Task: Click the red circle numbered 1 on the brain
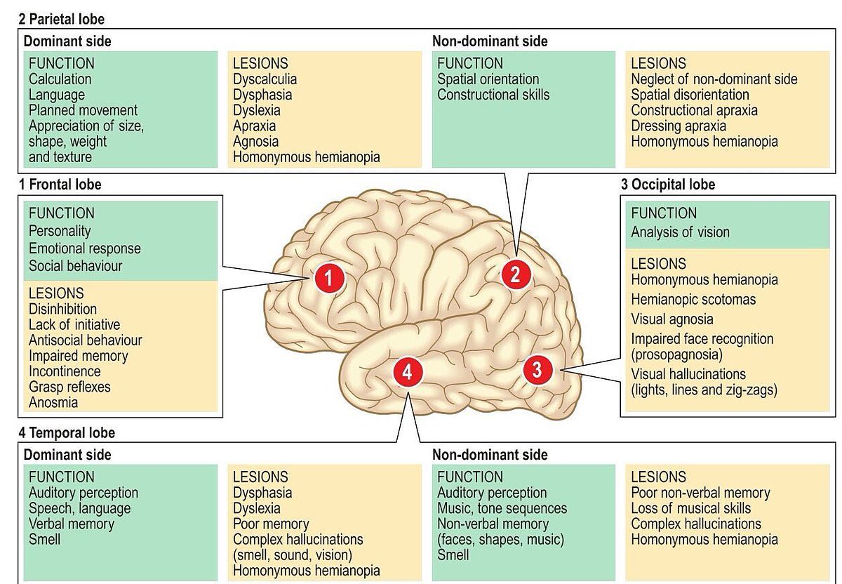(x=329, y=278)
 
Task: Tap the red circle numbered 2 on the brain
(x=516, y=274)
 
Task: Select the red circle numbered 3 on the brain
(x=537, y=370)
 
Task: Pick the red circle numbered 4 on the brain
(x=408, y=372)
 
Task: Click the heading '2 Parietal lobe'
(x=62, y=19)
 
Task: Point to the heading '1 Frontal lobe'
(x=60, y=185)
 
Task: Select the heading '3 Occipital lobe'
(x=668, y=185)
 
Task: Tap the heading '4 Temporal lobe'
(x=67, y=432)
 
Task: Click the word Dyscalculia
(x=265, y=79)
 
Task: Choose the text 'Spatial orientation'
(x=488, y=79)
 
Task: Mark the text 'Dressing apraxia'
(x=679, y=126)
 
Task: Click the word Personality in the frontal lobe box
(x=60, y=230)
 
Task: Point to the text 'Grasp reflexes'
(x=69, y=387)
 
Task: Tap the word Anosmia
(x=53, y=402)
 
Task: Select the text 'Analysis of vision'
(x=680, y=232)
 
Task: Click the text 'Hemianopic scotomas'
(x=693, y=299)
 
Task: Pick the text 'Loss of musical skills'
(x=691, y=508)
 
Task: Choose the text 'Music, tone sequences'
(x=502, y=508)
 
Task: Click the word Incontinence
(x=65, y=371)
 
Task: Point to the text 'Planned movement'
(x=83, y=110)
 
